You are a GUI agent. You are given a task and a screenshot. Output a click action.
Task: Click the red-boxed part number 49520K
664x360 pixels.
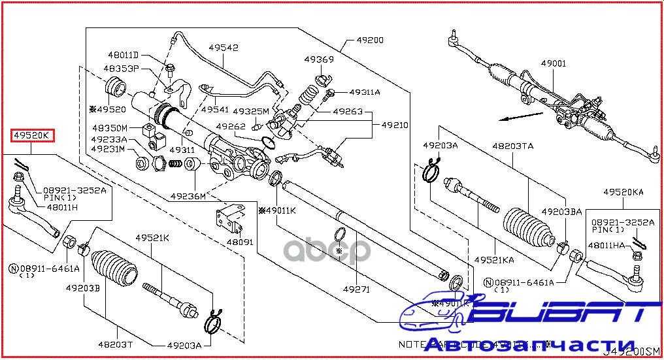click(32, 135)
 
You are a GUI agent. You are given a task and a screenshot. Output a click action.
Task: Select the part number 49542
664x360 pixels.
click(224, 48)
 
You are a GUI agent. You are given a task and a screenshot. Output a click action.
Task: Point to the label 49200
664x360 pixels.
click(370, 40)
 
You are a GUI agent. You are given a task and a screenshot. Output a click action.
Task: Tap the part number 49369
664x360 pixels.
click(319, 59)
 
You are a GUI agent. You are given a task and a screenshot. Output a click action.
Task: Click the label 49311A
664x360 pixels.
click(365, 92)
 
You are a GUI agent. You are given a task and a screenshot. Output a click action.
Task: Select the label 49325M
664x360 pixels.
click(250, 112)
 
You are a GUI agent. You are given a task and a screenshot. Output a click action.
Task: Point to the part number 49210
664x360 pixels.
click(395, 124)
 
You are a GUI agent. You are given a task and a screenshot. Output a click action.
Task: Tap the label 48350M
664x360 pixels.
click(110, 128)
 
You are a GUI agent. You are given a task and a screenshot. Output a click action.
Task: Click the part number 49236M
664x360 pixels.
click(188, 196)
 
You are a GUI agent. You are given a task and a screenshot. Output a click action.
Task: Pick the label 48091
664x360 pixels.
click(240, 241)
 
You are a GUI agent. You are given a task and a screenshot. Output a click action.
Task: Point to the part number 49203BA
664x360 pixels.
click(561, 212)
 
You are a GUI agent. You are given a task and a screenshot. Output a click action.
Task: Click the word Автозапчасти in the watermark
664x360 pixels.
click(529, 345)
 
